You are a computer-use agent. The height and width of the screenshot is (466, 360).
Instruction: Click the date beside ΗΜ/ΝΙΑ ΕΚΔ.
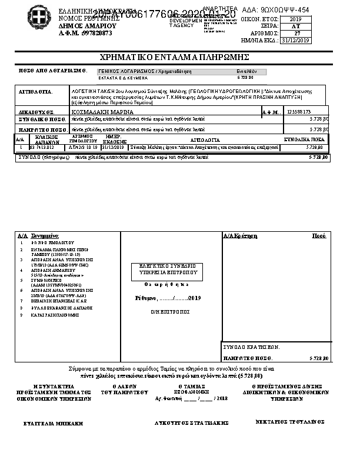pos(296,41)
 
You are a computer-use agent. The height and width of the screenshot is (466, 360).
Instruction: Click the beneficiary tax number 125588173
pos(298,111)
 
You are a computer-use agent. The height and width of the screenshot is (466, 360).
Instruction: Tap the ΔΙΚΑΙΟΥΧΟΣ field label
pos(36,111)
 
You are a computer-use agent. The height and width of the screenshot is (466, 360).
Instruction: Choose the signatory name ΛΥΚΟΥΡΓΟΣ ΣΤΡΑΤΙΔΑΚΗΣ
pos(183,422)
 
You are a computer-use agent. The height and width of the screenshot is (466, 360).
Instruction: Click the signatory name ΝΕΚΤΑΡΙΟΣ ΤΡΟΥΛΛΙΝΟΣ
pos(291,422)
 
